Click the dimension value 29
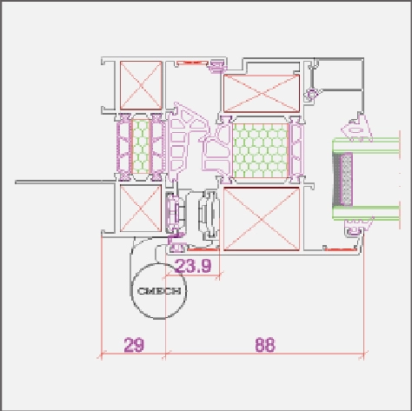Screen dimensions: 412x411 click(x=134, y=345)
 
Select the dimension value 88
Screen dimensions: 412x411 click(x=265, y=345)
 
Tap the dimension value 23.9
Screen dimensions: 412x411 click(x=193, y=266)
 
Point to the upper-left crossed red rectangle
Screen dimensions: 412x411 click(x=141, y=85)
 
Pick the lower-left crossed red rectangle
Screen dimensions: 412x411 click(x=141, y=209)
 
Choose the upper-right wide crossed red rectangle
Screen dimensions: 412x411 click(x=262, y=93)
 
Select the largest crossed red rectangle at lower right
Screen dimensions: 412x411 click(x=262, y=219)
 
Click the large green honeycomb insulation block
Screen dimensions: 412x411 click(x=261, y=150)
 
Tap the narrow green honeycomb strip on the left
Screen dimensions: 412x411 click(x=141, y=147)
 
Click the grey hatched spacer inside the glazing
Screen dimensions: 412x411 click(x=342, y=180)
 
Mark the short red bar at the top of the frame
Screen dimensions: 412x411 click(x=192, y=63)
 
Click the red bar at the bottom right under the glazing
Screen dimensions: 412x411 click(x=341, y=249)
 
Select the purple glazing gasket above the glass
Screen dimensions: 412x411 click(x=356, y=129)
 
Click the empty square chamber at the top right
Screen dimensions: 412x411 click(x=339, y=75)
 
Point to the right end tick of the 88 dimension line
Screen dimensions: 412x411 click(x=363, y=355)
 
